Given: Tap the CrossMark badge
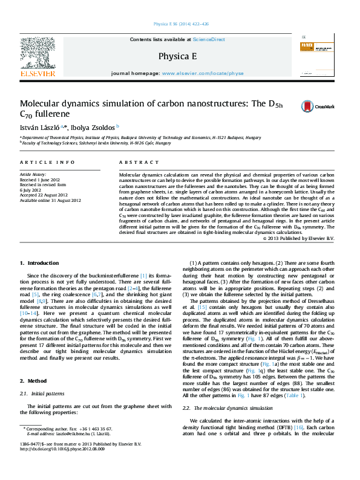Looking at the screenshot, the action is click(x=326, y=106).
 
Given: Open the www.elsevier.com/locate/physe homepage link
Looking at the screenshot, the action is click(x=203, y=73).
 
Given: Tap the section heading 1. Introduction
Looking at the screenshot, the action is click(x=39, y=263).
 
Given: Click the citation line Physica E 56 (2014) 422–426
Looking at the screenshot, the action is click(x=180, y=25).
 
